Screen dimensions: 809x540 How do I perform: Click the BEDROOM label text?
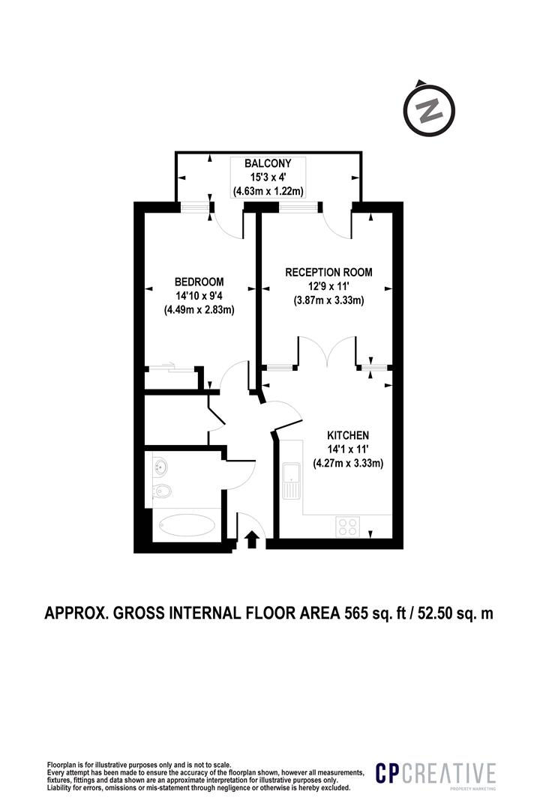tap(199, 282)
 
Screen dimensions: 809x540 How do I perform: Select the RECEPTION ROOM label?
tap(328, 272)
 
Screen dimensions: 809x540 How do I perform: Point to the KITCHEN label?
tap(348, 435)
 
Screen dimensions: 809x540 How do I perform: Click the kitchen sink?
tap(291, 480)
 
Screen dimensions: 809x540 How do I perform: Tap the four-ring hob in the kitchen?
tap(347, 526)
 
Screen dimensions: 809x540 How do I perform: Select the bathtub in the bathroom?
tap(185, 524)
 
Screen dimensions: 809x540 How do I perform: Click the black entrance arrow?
tap(252, 538)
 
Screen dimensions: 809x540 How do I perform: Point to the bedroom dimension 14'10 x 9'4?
tap(199, 297)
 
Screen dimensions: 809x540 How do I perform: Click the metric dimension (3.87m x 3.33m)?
tap(328, 300)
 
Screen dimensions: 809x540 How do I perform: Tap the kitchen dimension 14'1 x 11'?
tap(348, 449)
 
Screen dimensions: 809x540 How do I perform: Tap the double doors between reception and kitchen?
tap(327, 352)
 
